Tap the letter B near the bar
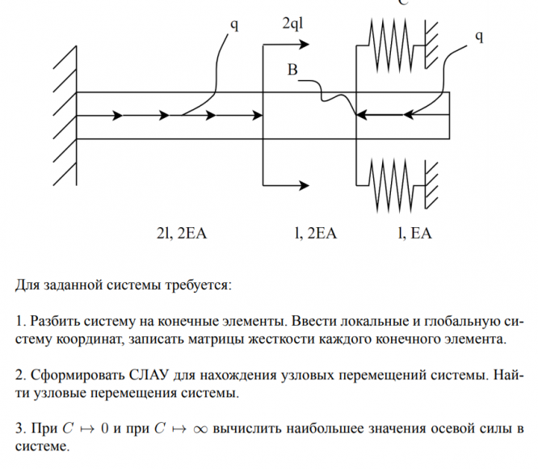tap(292, 72)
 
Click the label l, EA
tap(414, 234)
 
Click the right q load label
tap(479, 36)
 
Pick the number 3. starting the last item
tap(19, 428)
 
